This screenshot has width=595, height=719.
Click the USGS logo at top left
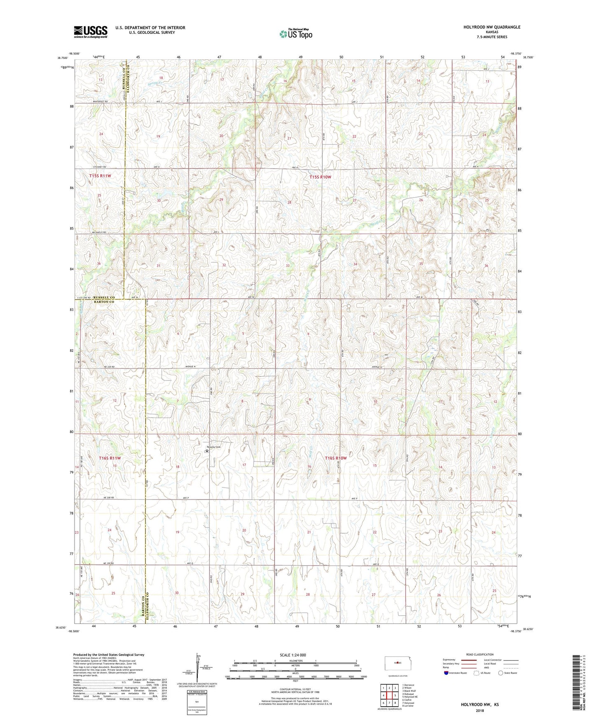click(91, 32)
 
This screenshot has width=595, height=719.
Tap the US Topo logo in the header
click(296, 34)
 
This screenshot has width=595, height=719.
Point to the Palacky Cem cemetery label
click(213, 447)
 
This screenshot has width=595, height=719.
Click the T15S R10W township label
click(320, 177)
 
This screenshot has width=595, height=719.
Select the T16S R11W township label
click(110, 458)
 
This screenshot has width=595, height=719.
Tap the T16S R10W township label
click(336, 458)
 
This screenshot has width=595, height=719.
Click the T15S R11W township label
click(100, 176)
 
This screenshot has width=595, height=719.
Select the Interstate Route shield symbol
click(446, 673)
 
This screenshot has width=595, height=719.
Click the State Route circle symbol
click(501, 673)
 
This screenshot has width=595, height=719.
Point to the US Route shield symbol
click(476, 673)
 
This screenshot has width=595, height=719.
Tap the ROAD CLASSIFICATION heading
click(480, 654)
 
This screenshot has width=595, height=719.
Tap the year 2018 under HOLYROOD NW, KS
click(480, 710)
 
